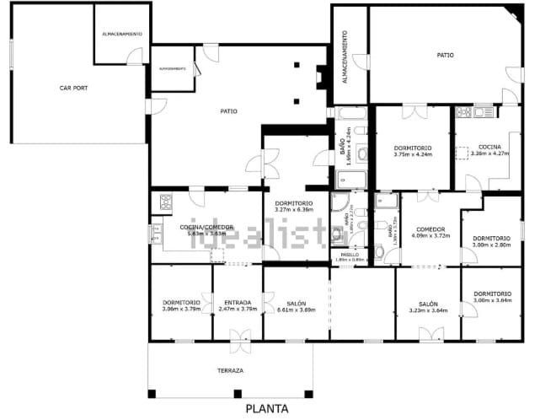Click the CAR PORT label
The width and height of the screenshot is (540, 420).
point(73,88)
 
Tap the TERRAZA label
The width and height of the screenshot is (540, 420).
point(229,371)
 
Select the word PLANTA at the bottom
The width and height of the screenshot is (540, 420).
point(267,409)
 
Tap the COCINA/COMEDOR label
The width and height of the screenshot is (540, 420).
point(205,227)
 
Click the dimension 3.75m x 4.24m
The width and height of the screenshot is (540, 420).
point(412,154)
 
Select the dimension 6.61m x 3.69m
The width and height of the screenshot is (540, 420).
point(295,310)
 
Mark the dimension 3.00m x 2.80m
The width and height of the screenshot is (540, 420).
point(492,245)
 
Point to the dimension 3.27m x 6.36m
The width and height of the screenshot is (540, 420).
point(294,209)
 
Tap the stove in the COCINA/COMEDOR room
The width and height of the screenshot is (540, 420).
point(166,202)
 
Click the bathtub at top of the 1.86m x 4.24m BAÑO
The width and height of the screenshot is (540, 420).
point(350,112)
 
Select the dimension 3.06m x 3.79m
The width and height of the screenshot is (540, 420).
point(181,309)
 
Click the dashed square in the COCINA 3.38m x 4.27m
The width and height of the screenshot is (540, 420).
point(462,153)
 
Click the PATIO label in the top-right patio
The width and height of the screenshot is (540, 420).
point(445,55)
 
